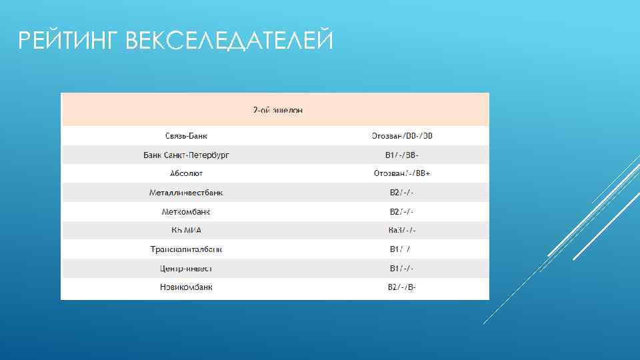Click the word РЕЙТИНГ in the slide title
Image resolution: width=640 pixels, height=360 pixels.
pyautogui.click(x=67, y=41)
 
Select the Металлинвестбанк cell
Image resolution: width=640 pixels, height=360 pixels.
pyautogui.click(x=187, y=193)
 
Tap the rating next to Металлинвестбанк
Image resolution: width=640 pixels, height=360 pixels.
pyautogui.click(x=402, y=193)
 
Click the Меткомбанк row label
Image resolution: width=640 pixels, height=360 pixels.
pyautogui.click(x=187, y=212)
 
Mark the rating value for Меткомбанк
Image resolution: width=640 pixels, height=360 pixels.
pyautogui.click(x=402, y=212)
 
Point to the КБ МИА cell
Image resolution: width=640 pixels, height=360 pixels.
pyautogui.click(x=187, y=231)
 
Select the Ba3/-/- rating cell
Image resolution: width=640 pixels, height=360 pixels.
pyautogui.click(x=402, y=231)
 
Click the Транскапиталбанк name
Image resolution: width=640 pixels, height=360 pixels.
pyautogui.click(x=187, y=249)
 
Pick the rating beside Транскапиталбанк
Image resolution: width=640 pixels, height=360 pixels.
pyautogui.click(x=401, y=249)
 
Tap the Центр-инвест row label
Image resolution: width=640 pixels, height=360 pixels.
pyautogui.click(x=187, y=269)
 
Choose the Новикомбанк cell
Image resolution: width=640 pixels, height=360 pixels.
pyautogui.click(x=187, y=287)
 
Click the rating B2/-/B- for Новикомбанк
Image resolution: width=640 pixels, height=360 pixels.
pyautogui.click(x=402, y=287)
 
